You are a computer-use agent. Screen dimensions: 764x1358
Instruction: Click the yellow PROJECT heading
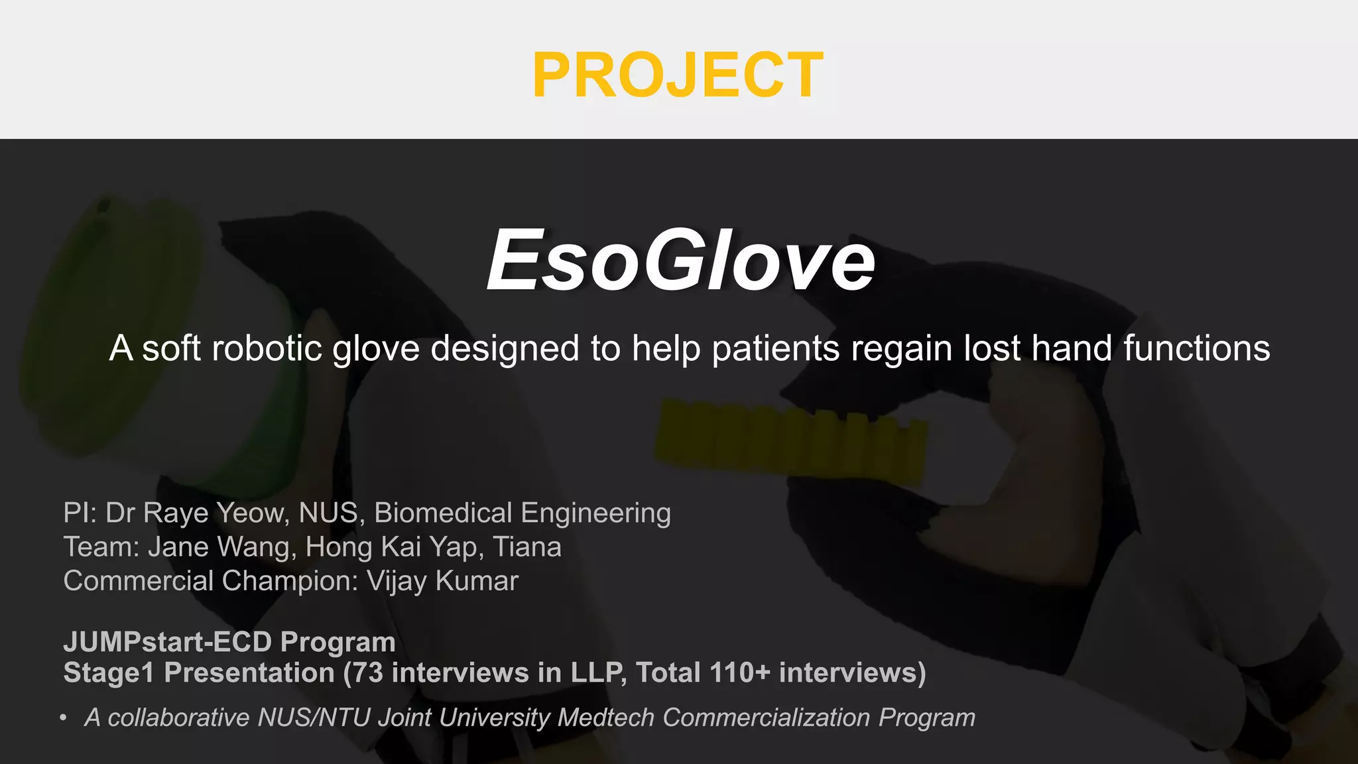(678, 76)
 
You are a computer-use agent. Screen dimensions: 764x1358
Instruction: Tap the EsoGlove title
(680, 260)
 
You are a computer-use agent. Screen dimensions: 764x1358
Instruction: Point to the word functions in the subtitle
(1196, 348)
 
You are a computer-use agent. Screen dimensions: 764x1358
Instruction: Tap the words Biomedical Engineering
(523, 513)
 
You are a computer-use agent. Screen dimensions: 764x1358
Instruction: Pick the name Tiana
(528, 547)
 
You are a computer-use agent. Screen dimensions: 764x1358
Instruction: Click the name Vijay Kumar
(442, 581)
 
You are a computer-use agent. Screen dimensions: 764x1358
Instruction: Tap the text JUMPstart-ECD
(168, 642)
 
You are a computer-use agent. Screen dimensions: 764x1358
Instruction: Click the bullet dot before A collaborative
(63, 718)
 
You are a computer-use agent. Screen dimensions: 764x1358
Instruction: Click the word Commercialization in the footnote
(766, 718)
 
